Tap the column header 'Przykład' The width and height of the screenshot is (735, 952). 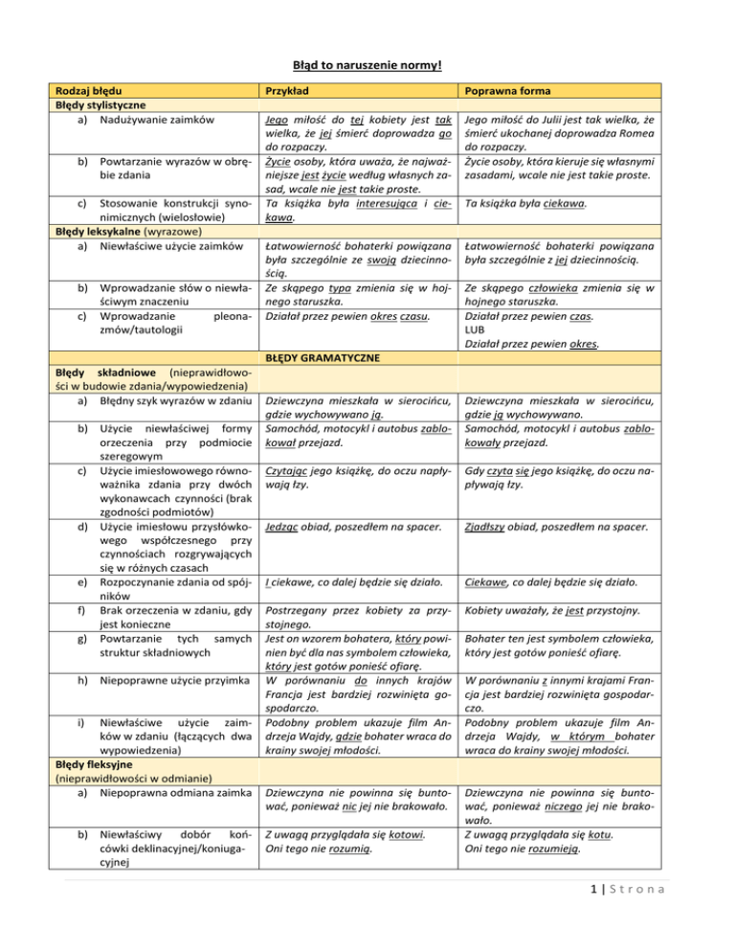coord(290,88)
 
